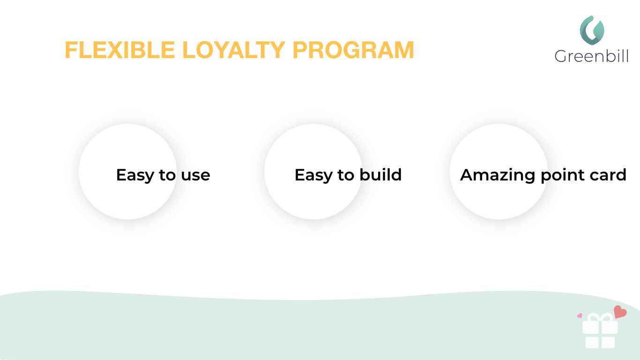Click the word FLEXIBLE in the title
click(x=120, y=50)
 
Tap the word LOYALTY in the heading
click(x=234, y=50)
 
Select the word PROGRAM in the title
click(x=353, y=50)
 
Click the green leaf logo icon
click(x=592, y=30)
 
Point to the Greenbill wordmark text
click(x=591, y=56)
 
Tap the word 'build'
click(x=380, y=174)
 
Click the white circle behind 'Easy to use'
click(x=128, y=197)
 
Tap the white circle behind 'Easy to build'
click(x=313, y=197)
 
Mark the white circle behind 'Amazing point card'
click(x=499, y=197)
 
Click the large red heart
click(x=620, y=312)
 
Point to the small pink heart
click(x=580, y=315)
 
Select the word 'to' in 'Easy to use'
click(x=167, y=175)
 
